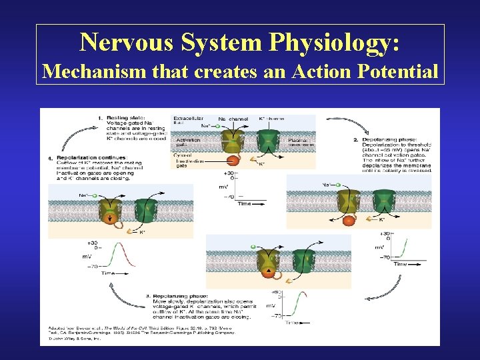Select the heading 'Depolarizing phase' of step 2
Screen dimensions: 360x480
click(394, 139)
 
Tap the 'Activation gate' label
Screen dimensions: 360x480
click(189, 143)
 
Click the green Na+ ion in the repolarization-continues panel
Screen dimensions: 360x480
click(95, 196)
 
